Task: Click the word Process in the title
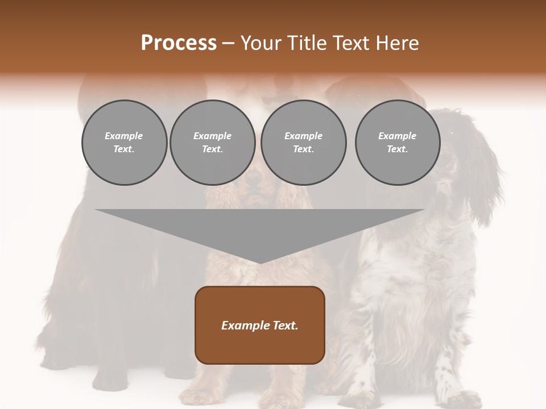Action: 179,43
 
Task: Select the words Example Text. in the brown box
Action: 260,325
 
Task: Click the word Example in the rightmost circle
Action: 397,136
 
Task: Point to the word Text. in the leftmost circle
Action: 124,149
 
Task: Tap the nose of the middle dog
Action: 254,181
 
